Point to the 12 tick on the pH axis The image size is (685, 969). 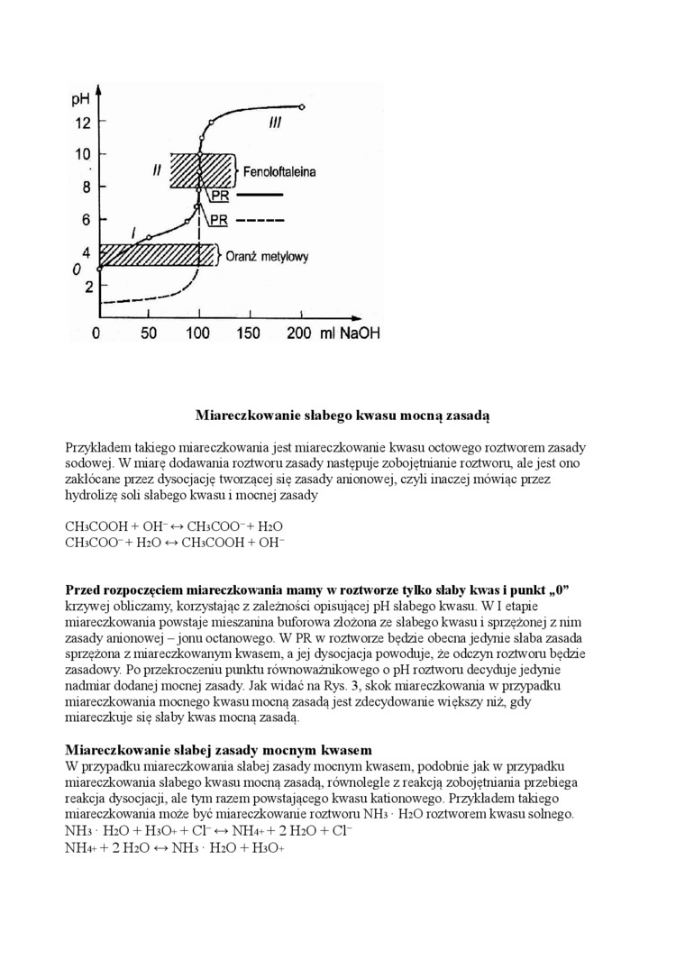[82, 122]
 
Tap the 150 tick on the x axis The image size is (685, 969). [247, 333]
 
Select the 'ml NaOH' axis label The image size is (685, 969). [348, 333]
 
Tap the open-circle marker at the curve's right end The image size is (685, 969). [302, 107]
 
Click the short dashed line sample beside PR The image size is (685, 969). [261, 219]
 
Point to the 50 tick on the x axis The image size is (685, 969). [149, 333]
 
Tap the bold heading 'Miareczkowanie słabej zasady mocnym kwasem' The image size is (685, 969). [219, 750]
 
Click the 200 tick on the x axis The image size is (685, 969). [297, 333]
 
